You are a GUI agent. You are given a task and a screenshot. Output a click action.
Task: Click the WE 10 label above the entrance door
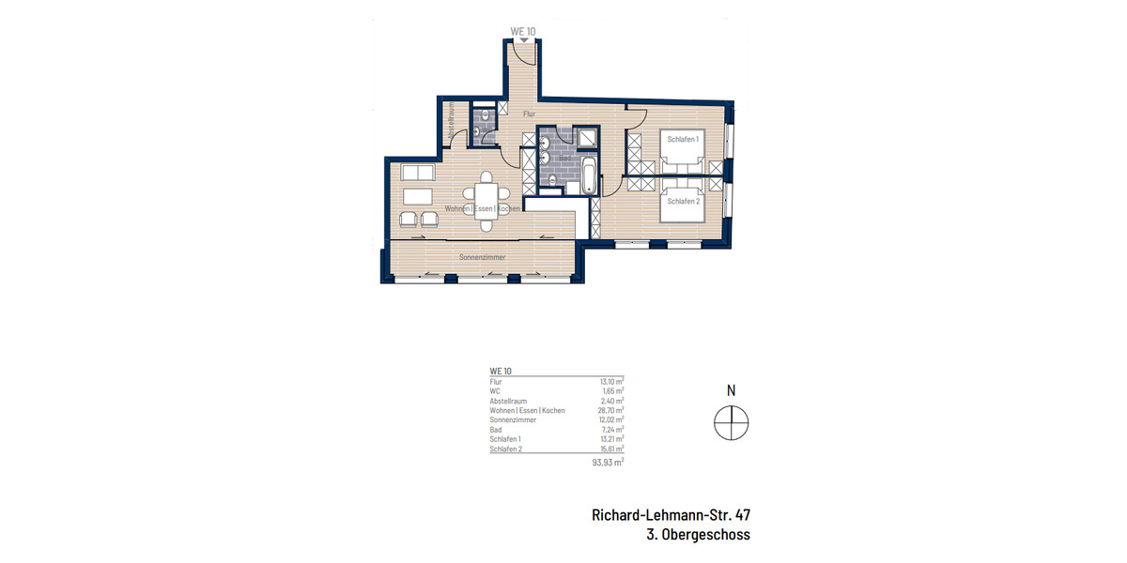(522, 31)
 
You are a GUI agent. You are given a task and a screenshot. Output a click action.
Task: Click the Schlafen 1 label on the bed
(683, 139)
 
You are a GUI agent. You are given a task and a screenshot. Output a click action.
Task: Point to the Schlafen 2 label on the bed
(683, 202)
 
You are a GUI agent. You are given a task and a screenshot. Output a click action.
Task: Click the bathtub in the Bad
(588, 175)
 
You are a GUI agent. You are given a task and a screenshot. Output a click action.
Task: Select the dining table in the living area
(487, 200)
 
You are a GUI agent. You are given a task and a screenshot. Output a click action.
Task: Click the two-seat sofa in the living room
(417, 173)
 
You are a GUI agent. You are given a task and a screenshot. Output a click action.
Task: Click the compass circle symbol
(731, 423)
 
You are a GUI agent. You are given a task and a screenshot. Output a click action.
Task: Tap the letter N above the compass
(731, 390)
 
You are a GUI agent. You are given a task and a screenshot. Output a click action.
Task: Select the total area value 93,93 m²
(606, 463)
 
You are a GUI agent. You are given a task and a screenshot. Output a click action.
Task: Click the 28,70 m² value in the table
(610, 410)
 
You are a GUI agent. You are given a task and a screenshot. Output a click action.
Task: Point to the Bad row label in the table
(496, 430)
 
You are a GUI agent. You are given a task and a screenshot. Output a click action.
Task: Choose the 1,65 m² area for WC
(612, 390)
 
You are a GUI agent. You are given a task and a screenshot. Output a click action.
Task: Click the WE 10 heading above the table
(501, 372)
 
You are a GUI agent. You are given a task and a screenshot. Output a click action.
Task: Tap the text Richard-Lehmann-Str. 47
(671, 514)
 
